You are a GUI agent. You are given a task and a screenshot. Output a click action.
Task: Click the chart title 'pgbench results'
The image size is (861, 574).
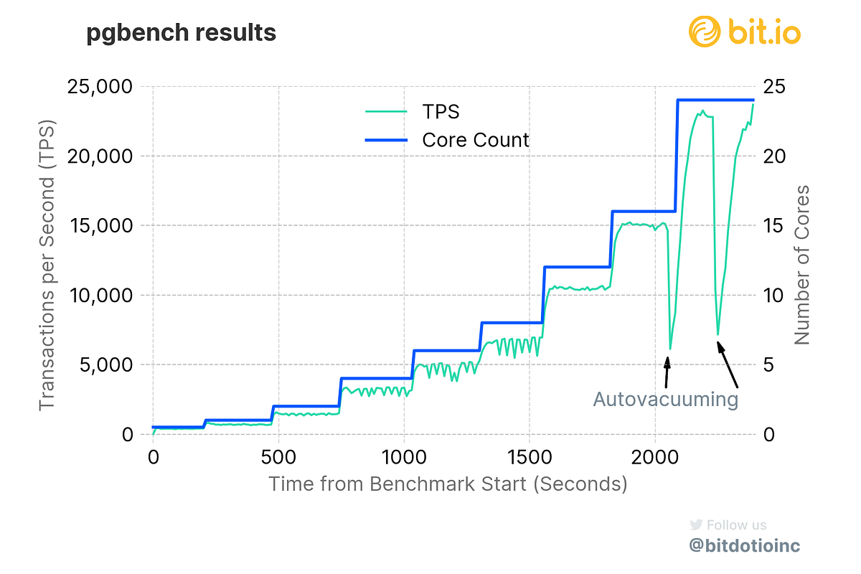click(181, 33)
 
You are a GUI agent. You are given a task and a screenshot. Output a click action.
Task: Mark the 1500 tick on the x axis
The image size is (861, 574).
click(529, 457)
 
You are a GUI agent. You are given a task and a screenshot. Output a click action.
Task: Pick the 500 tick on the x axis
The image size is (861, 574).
click(278, 457)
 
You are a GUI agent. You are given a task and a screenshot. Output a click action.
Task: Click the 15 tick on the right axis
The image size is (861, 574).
click(772, 225)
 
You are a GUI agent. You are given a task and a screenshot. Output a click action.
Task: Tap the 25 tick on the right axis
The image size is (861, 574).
click(772, 87)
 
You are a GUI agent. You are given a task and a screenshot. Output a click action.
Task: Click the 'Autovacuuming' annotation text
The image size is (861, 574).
click(665, 400)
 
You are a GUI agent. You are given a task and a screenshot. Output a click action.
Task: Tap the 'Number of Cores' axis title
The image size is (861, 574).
click(802, 265)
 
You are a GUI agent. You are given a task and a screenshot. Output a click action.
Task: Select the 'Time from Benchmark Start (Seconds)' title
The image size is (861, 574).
click(448, 484)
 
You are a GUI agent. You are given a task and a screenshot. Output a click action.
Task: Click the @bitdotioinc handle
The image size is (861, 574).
click(744, 546)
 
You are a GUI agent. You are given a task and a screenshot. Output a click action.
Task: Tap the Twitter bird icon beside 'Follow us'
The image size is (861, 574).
click(695, 524)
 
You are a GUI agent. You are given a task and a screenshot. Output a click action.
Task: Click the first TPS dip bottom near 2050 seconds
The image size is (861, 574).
click(670, 349)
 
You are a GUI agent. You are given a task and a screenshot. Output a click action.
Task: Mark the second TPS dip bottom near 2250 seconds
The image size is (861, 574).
click(717, 334)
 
